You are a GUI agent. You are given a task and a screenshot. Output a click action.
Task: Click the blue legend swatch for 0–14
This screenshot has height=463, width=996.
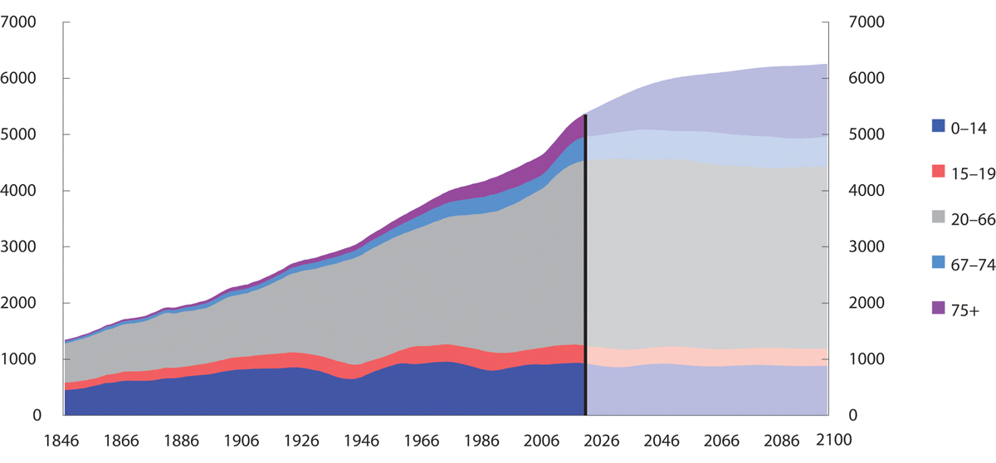tap(938, 126)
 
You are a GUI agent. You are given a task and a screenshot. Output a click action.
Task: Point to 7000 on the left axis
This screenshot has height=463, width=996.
tap(20, 22)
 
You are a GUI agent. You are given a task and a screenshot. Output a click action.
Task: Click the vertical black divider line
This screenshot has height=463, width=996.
tap(585, 266)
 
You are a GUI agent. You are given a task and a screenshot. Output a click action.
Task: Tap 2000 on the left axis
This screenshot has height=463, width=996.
tap(20, 303)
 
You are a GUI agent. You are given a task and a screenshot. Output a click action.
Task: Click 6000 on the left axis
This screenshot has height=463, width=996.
tap(20, 79)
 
